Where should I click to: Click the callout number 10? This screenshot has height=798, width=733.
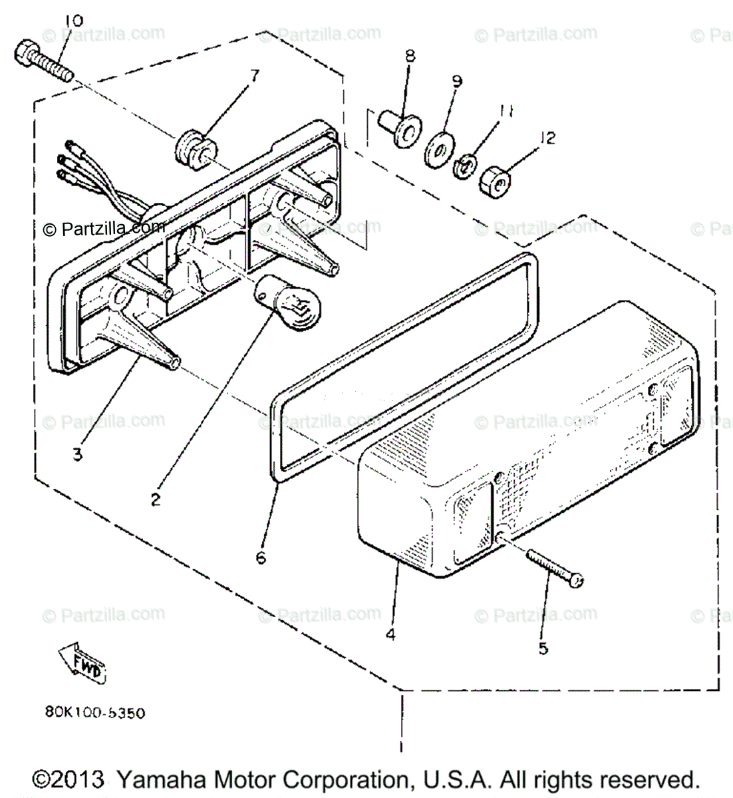pyautogui.click(x=74, y=21)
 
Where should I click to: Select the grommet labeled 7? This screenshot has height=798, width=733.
pyautogui.click(x=194, y=148)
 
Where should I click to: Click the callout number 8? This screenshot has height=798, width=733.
pyautogui.click(x=409, y=56)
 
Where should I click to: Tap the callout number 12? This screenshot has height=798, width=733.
pyautogui.click(x=547, y=139)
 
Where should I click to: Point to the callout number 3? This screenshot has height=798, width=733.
pyautogui.click(x=78, y=456)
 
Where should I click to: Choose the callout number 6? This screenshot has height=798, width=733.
pyautogui.click(x=261, y=557)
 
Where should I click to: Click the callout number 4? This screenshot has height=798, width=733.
pyautogui.click(x=390, y=634)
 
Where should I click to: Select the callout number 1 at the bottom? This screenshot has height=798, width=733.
pyautogui.click(x=400, y=747)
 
